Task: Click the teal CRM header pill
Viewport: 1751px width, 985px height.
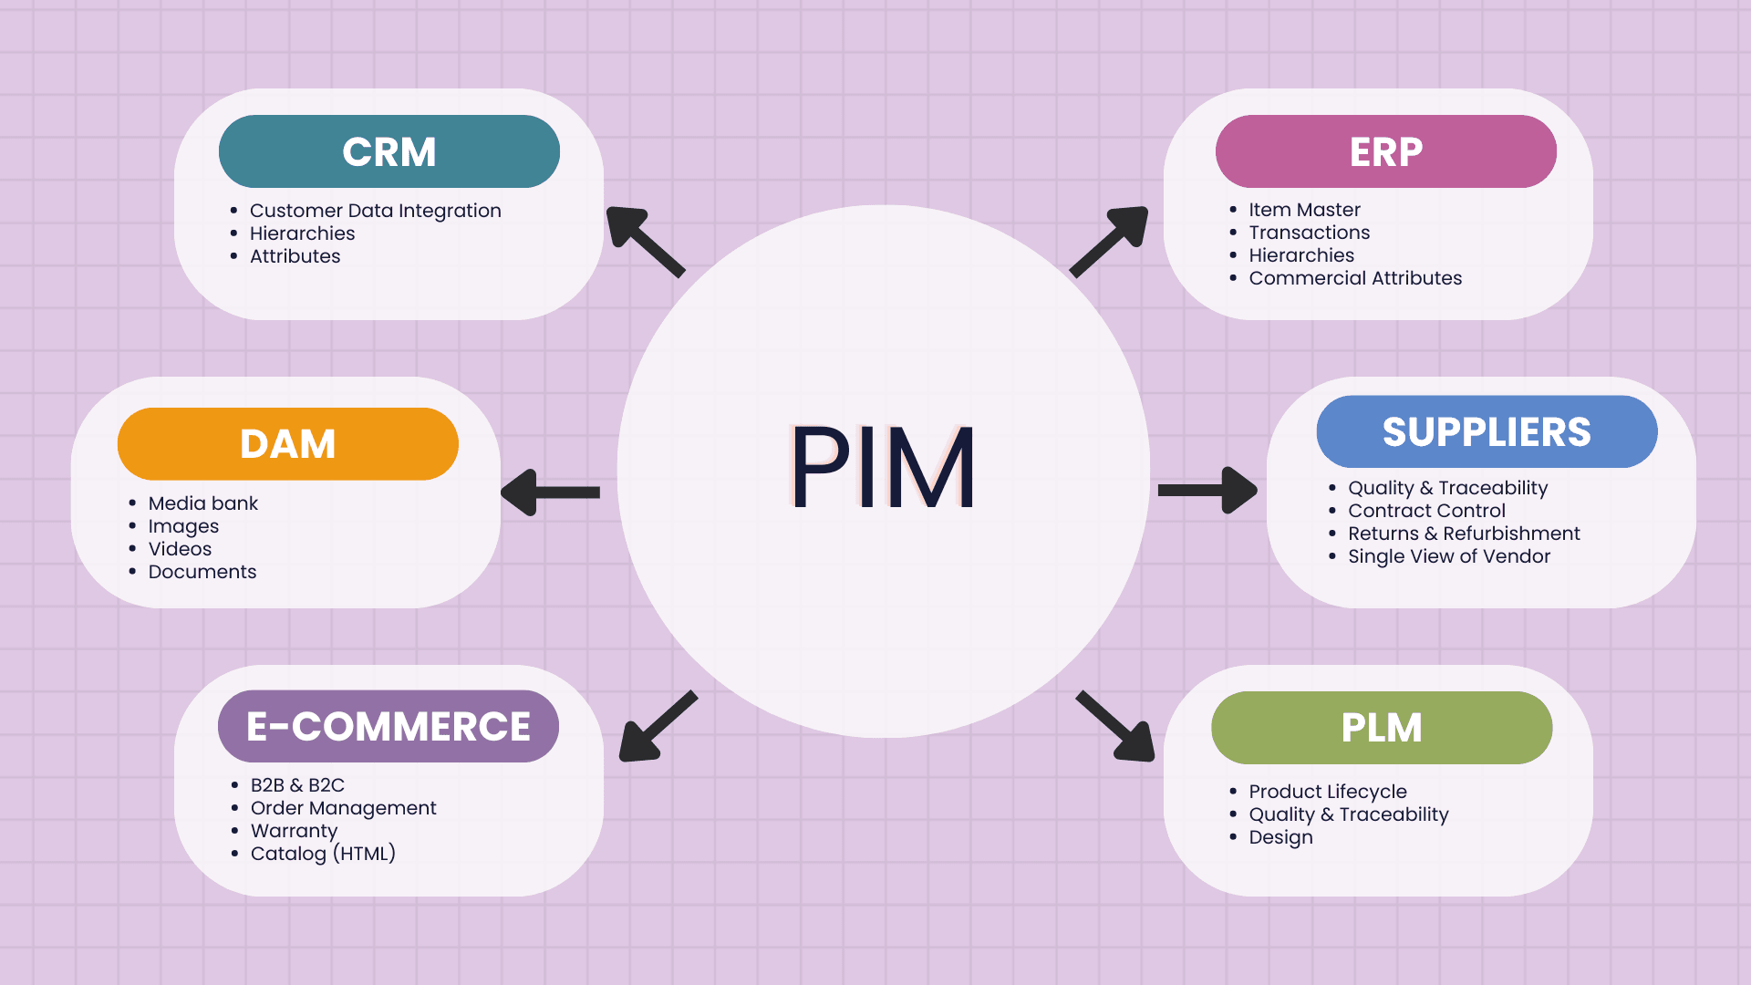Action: coord(389,151)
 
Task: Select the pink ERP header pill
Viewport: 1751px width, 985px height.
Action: coord(1385,151)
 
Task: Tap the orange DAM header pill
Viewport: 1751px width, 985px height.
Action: coord(287,444)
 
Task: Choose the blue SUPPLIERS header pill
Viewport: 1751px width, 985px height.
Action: coord(1487,431)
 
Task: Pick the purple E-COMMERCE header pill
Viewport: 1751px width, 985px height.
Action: coord(388,726)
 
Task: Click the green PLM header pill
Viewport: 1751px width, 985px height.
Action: coord(1381,728)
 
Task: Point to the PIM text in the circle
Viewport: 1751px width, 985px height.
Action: coord(882,467)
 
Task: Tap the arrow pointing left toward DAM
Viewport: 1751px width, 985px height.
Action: coord(550,493)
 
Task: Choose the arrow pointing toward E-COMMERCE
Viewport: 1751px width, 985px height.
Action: coord(658,726)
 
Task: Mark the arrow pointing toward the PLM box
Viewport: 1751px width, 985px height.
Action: coord(1116,726)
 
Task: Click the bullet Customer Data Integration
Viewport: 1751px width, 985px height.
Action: coord(375,211)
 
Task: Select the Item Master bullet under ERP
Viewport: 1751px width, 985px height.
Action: coord(1304,210)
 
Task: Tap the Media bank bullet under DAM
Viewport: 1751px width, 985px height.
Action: coord(202,503)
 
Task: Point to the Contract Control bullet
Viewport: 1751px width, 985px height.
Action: coord(1426,511)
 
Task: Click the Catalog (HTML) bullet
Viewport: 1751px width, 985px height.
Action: coord(323,854)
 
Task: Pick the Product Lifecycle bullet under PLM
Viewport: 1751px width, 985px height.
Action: coord(1327,792)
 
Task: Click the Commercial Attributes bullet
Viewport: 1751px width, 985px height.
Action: coord(1355,278)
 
